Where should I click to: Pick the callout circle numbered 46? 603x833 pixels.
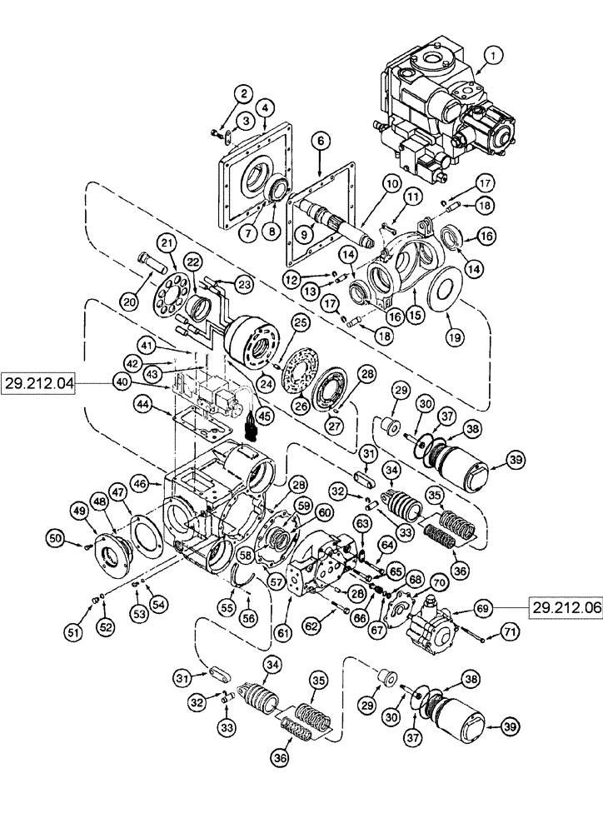(141, 482)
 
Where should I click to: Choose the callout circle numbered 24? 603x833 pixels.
(269, 384)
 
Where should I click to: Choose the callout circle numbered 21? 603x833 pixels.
(169, 242)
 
